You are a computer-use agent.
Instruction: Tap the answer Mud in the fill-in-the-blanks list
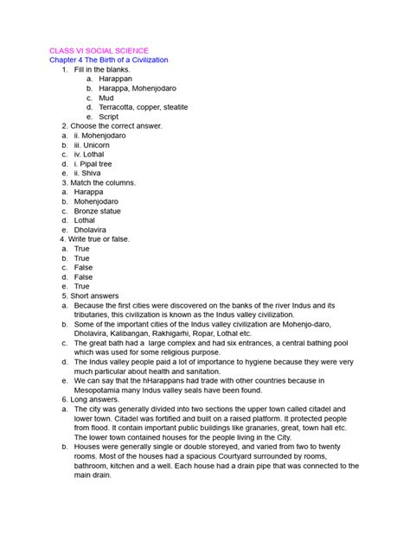coord(106,98)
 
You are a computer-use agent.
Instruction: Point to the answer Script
coord(108,117)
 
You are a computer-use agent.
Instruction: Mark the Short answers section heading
coord(97,295)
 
